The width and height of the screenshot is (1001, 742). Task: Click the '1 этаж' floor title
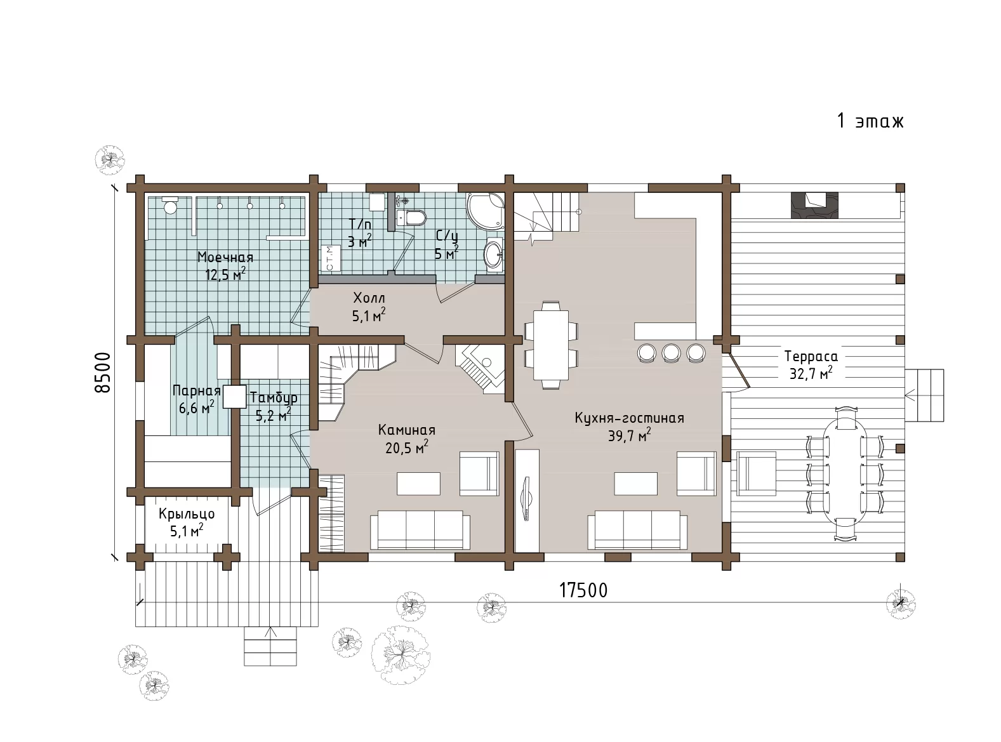click(870, 121)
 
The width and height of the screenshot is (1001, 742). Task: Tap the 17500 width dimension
click(583, 590)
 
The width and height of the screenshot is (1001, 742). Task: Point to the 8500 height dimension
click(103, 373)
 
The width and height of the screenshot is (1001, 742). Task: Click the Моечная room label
click(225, 257)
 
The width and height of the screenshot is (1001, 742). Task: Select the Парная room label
click(196, 390)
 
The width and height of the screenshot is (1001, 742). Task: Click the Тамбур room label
click(274, 397)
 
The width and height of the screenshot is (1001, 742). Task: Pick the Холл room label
click(369, 298)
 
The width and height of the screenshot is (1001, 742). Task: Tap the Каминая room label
click(407, 430)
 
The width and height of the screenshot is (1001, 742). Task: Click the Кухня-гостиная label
click(629, 418)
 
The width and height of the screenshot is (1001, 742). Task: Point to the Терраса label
click(811, 357)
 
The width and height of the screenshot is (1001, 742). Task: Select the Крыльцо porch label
click(187, 514)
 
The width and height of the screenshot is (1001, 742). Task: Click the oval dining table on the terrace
click(845, 474)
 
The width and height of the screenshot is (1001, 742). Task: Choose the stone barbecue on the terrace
click(814, 206)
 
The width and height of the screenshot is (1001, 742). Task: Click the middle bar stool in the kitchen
click(672, 352)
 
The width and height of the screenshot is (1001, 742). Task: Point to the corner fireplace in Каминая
click(480, 369)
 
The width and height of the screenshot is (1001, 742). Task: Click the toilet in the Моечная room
click(170, 205)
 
